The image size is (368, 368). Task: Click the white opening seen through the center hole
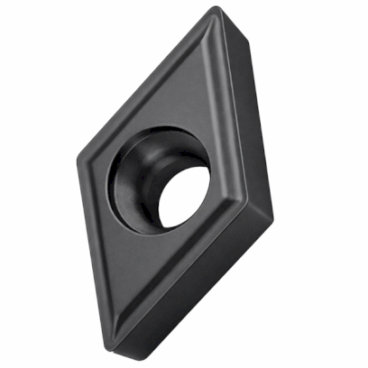[185, 194]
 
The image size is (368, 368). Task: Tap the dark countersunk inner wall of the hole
[131, 180]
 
